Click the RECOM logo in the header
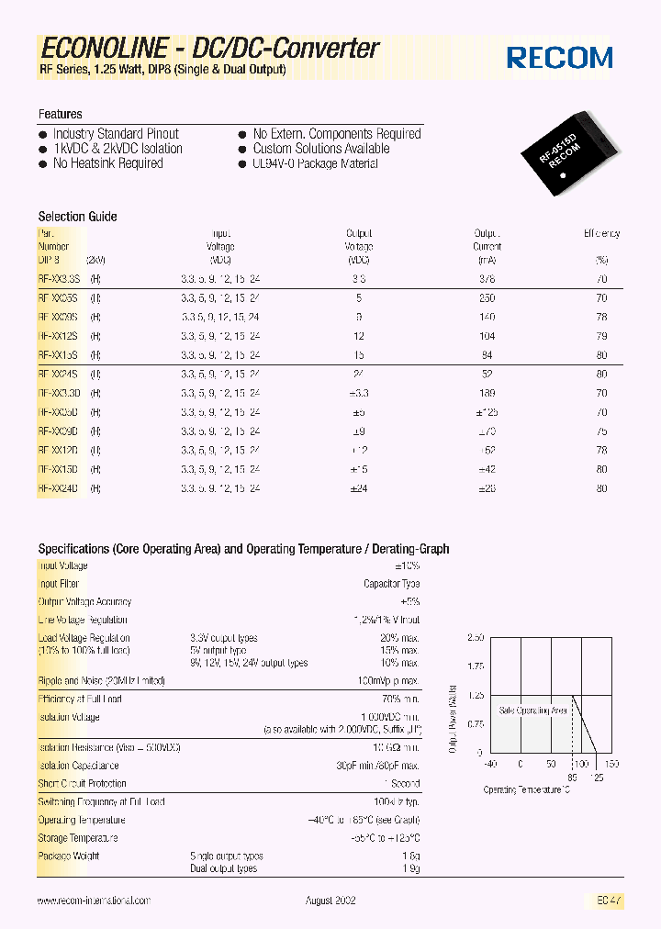(x=560, y=58)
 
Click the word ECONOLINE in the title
(x=104, y=49)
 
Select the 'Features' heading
(x=61, y=114)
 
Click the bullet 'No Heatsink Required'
(x=107, y=163)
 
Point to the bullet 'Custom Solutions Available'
(x=320, y=149)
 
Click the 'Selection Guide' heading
(x=77, y=217)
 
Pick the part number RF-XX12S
(x=59, y=336)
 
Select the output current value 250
(x=487, y=298)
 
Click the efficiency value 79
(x=601, y=336)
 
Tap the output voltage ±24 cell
(x=359, y=488)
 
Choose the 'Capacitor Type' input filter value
(x=392, y=584)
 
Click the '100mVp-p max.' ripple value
(x=388, y=681)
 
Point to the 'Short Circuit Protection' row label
(x=82, y=784)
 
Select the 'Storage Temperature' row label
(x=78, y=838)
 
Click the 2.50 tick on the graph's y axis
(x=475, y=637)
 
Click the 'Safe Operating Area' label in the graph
(x=533, y=711)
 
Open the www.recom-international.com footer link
(x=94, y=901)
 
